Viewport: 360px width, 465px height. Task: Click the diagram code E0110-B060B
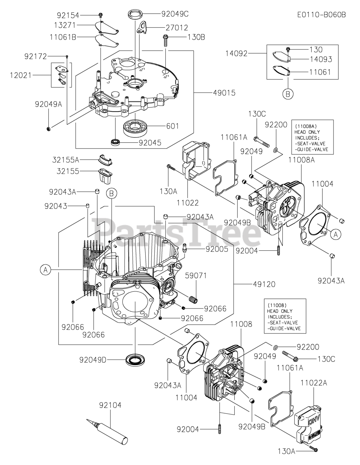tap(321, 15)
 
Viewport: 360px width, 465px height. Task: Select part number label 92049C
tap(175, 14)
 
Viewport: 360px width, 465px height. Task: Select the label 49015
tap(224, 93)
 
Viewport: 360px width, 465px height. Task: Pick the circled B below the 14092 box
tap(288, 94)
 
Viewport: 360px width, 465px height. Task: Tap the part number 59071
tap(196, 276)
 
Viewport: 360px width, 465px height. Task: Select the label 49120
tap(264, 284)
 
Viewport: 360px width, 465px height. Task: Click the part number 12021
tap(21, 75)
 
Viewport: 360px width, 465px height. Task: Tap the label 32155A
tap(66, 159)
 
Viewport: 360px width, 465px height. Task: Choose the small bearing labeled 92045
tap(115, 142)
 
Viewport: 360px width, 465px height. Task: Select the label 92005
tap(217, 249)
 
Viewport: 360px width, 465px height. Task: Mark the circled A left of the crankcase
tap(45, 270)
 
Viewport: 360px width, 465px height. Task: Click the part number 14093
tap(321, 59)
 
